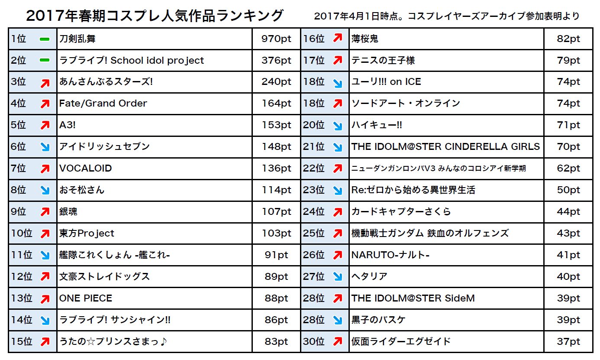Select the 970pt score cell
pyautogui.click(x=276, y=39)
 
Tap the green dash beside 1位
pyautogui.click(x=45, y=39)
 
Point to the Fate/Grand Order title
pyautogui.click(x=103, y=104)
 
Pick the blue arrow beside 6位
pyautogui.click(x=45, y=147)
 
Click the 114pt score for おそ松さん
pyautogui.click(x=276, y=190)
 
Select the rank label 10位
pyautogui.click(x=22, y=234)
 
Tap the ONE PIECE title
pyautogui.click(x=86, y=298)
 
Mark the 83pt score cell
pyautogui.click(x=276, y=342)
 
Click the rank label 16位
pyautogui.click(x=314, y=39)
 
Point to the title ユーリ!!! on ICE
pyautogui.click(x=386, y=82)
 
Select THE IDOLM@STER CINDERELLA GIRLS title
pyautogui.click(x=445, y=147)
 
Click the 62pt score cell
pyautogui.click(x=568, y=169)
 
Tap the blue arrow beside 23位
pyautogui.click(x=338, y=191)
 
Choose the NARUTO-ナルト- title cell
pyautogui.click(x=390, y=255)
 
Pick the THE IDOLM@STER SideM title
pyautogui.click(x=413, y=298)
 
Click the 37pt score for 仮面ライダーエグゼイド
pyautogui.click(x=568, y=342)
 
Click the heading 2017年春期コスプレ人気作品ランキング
pyautogui.click(x=155, y=16)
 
